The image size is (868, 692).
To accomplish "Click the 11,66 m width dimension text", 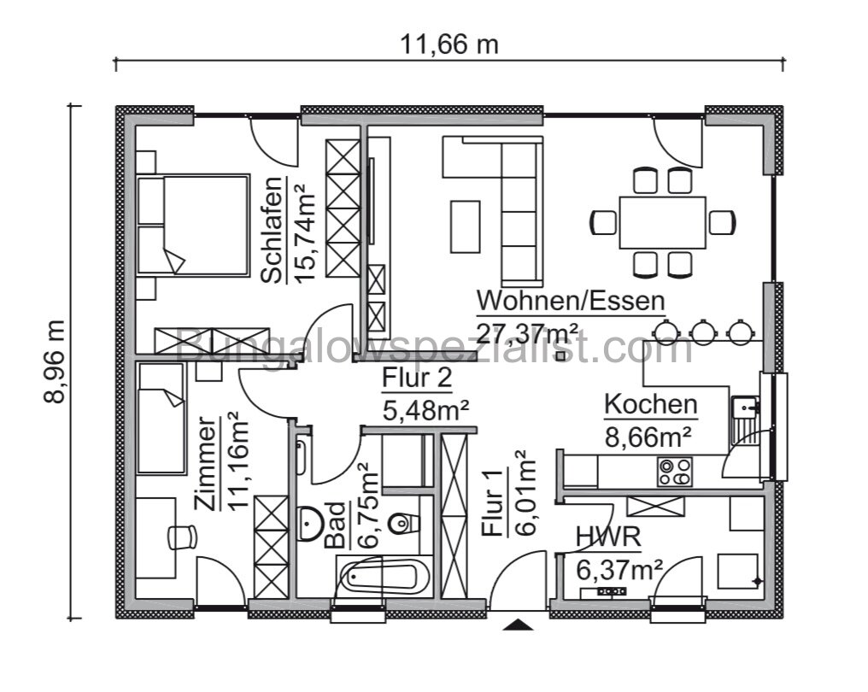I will pyautogui.click(x=449, y=44).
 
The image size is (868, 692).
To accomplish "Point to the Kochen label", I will pyautogui.click(x=650, y=405).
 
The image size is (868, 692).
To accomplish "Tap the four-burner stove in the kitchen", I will pyautogui.click(x=674, y=472).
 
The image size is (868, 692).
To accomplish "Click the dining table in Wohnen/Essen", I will pyautogui.click(x=662, y=222).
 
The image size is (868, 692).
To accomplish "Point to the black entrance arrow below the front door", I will pyautogui.click(x=515, y=625).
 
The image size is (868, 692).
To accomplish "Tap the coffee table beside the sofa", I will pyautogui.click(x=466, y=226).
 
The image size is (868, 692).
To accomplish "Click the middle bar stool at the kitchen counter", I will pyautogui.click(x=703, y=331).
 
